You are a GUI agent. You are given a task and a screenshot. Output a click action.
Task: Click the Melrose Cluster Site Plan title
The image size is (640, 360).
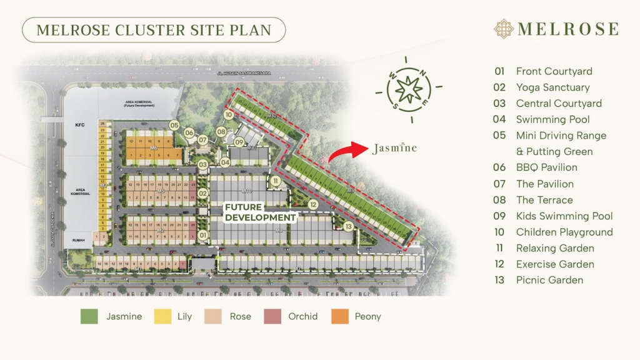154,29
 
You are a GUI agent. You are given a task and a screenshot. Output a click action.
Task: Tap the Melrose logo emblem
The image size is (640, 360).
504,29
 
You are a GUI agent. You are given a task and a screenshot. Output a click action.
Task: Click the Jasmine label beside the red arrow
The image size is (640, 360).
394,148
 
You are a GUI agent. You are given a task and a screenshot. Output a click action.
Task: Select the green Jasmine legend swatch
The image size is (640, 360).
89,316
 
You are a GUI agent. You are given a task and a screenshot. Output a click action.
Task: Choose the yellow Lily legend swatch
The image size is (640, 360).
161,316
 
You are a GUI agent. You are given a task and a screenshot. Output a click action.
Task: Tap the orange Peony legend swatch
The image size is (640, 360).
340,316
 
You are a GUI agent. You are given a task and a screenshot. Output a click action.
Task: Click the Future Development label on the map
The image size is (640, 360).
260,212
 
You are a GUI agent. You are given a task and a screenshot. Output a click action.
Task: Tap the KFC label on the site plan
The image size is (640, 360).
79,126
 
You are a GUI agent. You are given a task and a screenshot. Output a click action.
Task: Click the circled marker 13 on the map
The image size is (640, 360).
348,226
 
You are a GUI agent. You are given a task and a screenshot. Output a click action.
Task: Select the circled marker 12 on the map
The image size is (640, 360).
313,204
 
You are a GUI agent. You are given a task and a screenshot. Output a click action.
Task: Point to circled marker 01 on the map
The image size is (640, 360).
202,236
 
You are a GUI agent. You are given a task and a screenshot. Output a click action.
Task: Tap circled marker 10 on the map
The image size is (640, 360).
229,115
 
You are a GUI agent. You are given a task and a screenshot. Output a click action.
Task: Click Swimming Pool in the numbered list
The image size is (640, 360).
552,119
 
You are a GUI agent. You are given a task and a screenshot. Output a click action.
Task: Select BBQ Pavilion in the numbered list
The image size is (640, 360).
546,167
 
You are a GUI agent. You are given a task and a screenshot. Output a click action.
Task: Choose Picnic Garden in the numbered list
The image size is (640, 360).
549,280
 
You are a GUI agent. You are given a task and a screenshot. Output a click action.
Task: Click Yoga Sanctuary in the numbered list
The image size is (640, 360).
552,87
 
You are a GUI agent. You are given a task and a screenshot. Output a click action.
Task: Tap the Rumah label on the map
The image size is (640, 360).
79,237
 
